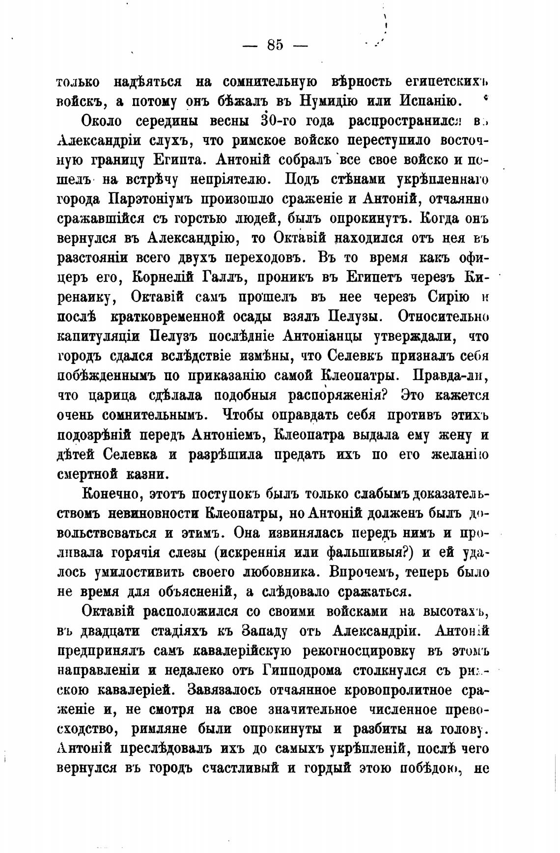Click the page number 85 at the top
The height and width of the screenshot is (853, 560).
pyautogui.click(x=275, y=45)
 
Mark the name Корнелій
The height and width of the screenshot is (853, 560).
pyautogui.click(x=163, y=277)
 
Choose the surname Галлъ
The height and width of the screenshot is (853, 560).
pyautogui.click(x=224, y=277)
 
